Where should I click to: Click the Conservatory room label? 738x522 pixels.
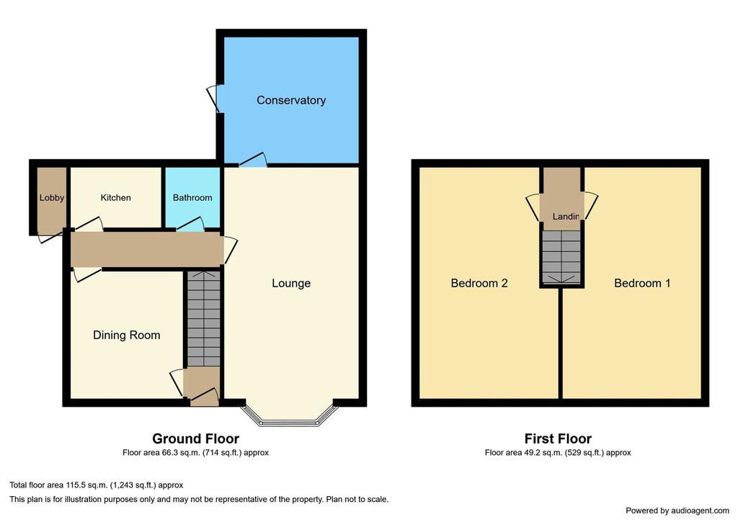point(291,100)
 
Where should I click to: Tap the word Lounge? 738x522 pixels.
point(291,283)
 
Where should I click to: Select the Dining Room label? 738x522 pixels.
point(127,335)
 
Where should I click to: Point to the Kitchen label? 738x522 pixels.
point(115,197)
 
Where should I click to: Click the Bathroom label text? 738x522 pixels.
point(192,197)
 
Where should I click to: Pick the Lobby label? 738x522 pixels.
point(51,197)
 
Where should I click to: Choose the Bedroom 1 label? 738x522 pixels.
point(642,283)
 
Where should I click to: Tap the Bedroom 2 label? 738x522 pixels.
point(479,283)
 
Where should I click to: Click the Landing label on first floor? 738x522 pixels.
point(566,216)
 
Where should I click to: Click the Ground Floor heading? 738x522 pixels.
point(196,438)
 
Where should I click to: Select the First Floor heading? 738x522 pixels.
point(558,438)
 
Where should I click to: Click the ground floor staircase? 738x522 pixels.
point(203,319)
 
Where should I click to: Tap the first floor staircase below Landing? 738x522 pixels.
point(561,257)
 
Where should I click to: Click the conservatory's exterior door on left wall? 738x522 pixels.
point(215,99)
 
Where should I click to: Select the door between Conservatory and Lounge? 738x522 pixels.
point(253,160)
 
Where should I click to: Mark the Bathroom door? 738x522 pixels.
point(190,225)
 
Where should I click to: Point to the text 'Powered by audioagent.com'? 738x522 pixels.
point(677,510)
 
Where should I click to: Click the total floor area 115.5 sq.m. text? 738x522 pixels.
point(97,485)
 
